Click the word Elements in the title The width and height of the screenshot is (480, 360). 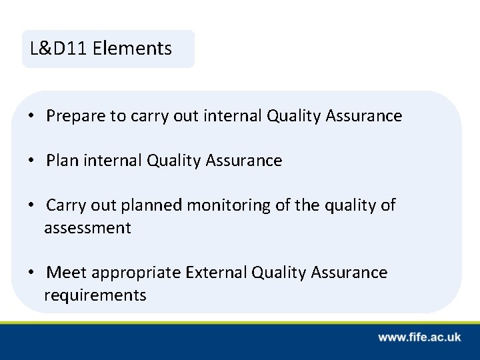[x=133, y=49]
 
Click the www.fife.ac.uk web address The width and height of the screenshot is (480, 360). [x=419, y=337]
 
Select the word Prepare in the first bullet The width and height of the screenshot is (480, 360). [x=76, y=117]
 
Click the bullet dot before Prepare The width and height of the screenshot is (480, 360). [x=32, y=117]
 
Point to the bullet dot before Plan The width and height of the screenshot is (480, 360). [x=32, y=161]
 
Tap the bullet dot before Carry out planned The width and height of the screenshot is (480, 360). [x=32, y=205]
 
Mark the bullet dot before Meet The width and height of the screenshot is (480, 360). [x=32, y=273]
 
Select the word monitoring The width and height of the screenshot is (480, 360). [x=228, y=205]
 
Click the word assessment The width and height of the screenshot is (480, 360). [x=87, y=228]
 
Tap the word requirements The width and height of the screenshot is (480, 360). [x=95, y=295]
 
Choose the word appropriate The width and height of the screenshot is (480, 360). [x=137, y=273]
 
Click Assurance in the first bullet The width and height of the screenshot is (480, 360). [x=363, y=117]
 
